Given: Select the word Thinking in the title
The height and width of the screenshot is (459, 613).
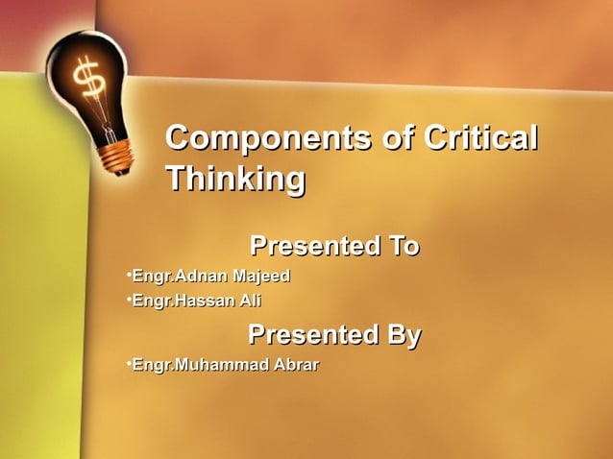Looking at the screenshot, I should click(x=235, y=180).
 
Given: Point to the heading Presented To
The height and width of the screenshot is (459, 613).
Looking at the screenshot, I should click(x=334, y=247).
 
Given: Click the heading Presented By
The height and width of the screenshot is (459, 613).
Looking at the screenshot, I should click(x=334, y=335).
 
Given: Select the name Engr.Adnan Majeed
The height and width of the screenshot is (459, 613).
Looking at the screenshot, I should click(x=210, y=277).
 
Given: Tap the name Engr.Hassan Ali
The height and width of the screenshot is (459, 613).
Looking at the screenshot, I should click(x=196, y=301).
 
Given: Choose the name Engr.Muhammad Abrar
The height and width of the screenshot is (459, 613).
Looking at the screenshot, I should click(x=225, y=365).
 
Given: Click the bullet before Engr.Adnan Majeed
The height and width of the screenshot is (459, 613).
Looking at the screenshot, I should click(x=128, y=276).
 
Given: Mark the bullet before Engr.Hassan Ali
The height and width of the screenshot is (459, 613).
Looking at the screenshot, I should click(x=128, y=300).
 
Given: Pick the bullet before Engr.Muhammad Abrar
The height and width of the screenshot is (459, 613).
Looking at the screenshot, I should click(x=128, y=364).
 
